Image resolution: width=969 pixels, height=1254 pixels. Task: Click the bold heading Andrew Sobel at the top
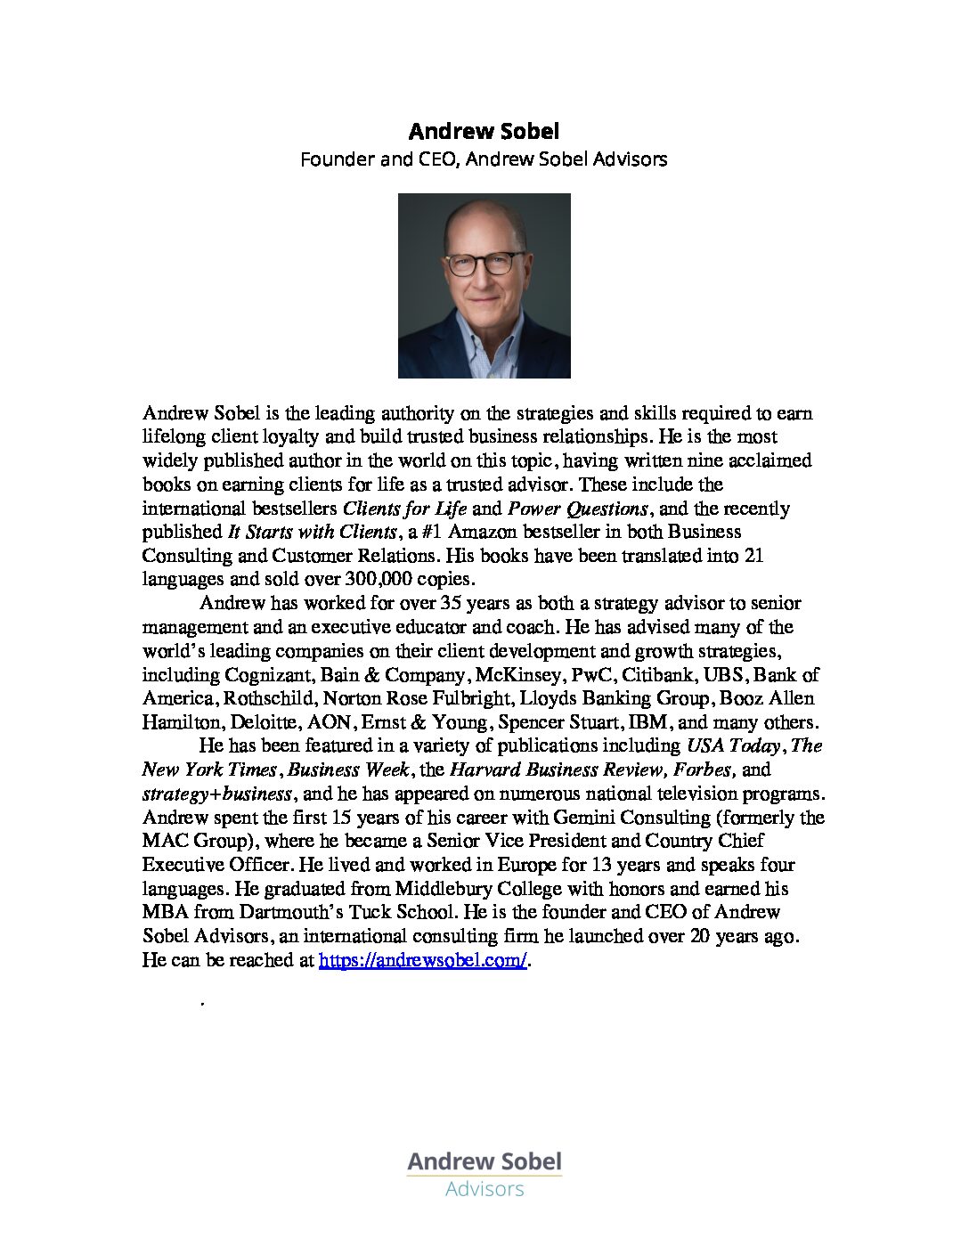point(484,132)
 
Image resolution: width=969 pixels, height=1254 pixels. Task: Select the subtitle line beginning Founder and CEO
point(484,159)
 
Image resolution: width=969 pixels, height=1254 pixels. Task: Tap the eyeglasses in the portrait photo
point(484,264)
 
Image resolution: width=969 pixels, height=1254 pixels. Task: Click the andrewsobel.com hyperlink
point(423,960)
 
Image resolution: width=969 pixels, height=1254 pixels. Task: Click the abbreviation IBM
point(648,722)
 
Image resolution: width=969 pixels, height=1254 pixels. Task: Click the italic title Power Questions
point(577,509)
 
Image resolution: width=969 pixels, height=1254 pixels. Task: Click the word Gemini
point(583,818)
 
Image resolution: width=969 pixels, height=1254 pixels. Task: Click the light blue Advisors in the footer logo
point(484,1189)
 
